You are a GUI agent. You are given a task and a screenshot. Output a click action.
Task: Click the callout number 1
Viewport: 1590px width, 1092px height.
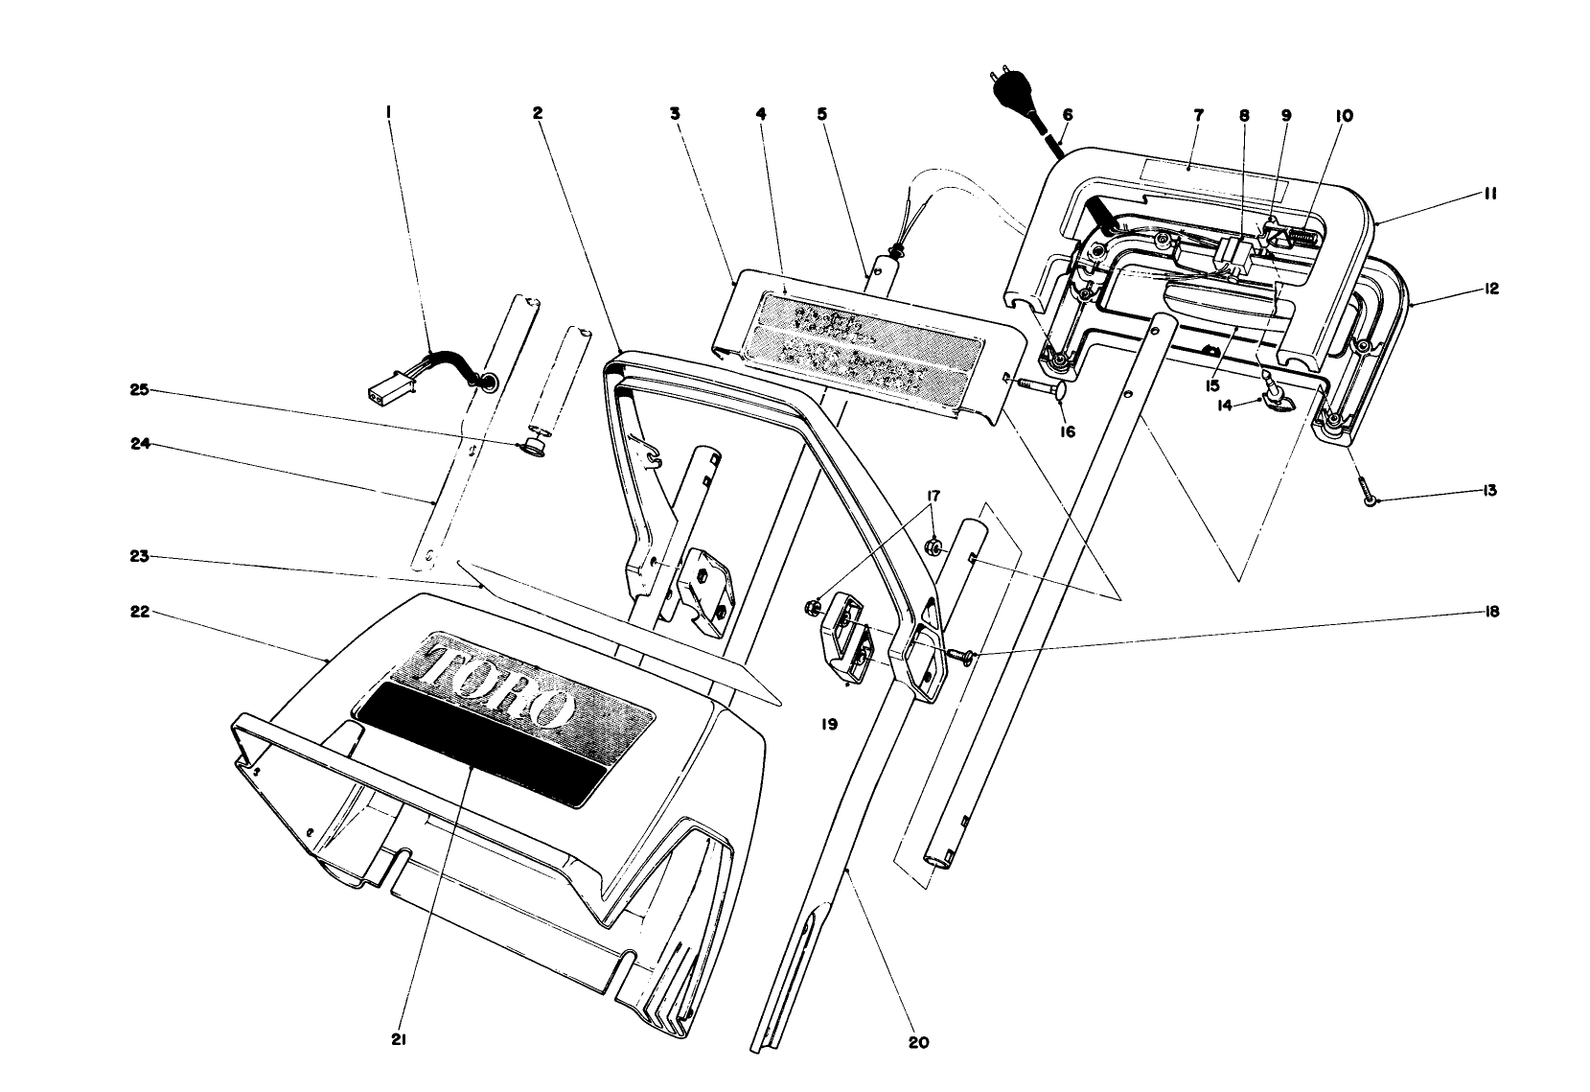[388, 112]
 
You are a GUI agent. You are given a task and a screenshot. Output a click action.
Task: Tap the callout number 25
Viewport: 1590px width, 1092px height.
[140, 390]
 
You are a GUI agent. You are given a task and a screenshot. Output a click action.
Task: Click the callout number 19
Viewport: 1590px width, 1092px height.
[829, 725]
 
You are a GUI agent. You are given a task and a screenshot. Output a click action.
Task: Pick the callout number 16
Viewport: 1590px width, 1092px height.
[1067, 432]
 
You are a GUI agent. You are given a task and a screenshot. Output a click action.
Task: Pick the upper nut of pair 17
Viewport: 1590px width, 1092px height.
[932, 547]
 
